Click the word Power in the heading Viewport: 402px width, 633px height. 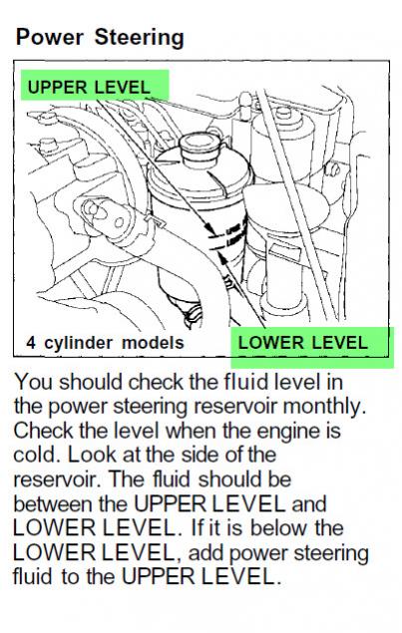point(49,37)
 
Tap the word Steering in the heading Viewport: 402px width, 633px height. point(140,39)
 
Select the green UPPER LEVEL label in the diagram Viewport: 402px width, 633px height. point(95,86)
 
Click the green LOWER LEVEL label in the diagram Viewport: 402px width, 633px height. point(312,347)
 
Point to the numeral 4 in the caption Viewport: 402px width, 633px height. point(31,343)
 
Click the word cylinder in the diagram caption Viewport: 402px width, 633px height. point(79,344)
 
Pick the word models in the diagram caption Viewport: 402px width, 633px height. point(153,343)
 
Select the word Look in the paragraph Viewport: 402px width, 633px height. point(92,455)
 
